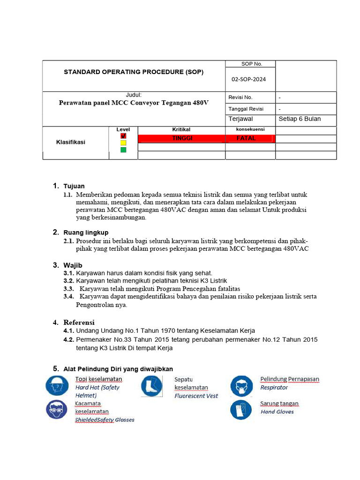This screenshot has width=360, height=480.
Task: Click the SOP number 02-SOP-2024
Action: click(x=248, y=79)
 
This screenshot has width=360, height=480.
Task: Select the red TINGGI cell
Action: click(x=182, y=139)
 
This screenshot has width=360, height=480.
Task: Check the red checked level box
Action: click(x=123, y=136)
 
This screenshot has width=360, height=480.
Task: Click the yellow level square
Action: click(x=123, y=142)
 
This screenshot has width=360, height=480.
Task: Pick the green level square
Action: click(x=123, y=150)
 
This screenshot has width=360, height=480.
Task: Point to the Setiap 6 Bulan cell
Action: click(x=300, y=119)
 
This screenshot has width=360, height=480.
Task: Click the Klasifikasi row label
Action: click(x=71, y=142)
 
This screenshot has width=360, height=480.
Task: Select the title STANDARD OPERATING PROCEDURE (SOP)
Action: click(x=134, y=72)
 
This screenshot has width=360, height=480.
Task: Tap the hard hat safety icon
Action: click(x=56, y=386)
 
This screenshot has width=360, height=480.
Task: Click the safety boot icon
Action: click(x=151, y=387)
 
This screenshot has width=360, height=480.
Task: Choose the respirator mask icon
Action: click(x=241, y=387)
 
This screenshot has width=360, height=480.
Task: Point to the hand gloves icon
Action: click(x=241, y=409)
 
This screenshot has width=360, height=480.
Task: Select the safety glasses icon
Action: click(x=56, y=409)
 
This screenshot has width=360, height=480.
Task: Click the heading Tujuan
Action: click(x=74, y=186)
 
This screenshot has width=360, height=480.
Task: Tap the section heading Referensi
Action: click(x=79, y=322)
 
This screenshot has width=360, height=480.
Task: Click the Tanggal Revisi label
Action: click(x=246, y=109)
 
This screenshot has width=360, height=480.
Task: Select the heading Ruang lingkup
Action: click(x=86, y=232)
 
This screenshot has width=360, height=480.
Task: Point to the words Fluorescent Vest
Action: click(x=196, y=396)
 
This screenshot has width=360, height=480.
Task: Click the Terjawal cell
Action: click(x=240, y=119)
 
